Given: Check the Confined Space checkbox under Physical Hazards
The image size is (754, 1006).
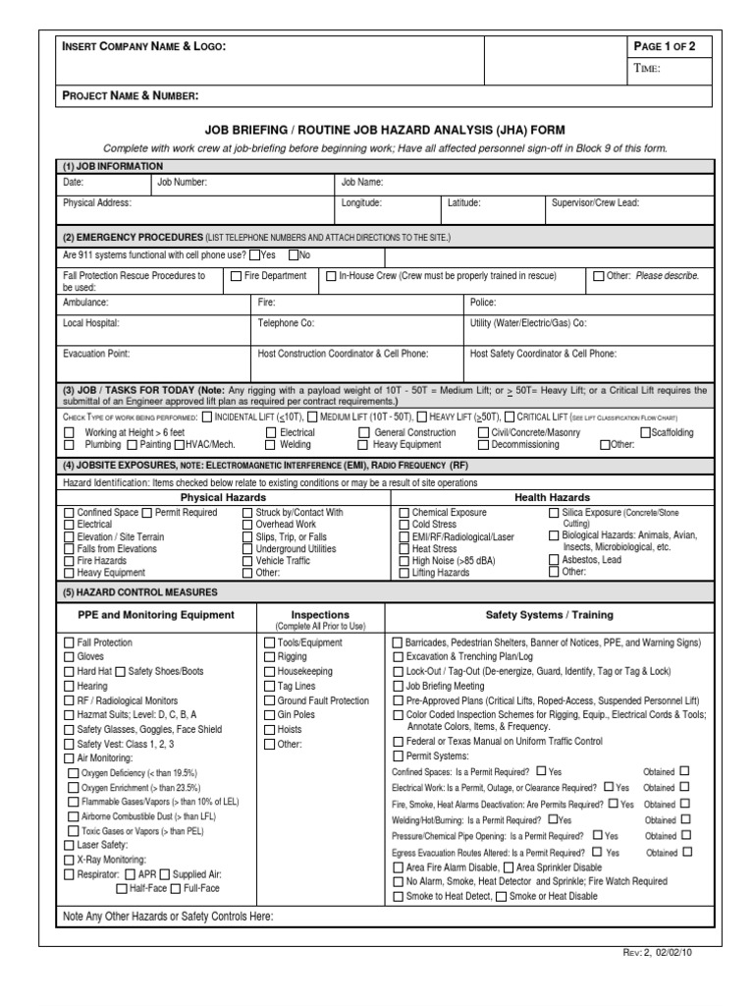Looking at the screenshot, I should click(x=69, y=513).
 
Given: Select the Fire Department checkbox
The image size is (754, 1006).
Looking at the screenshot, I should click(x=236, y=277).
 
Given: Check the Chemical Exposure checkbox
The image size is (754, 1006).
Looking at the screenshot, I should click(x=404, y=513).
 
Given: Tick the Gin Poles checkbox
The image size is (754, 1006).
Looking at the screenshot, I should click(x=269, y=714).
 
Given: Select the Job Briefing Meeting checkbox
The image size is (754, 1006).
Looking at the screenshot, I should click(x=398, y=686).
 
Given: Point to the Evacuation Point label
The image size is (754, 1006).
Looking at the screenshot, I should click(x=96, y=352).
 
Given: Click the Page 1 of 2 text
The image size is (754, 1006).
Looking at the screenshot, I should click(x=666, y=46).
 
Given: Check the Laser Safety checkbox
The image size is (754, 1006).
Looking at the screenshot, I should click(x=69, y=844).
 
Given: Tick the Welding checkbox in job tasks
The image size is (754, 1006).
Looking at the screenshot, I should click(x=270, y=444).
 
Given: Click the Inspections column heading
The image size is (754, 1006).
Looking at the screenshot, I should click(x=319, y=614).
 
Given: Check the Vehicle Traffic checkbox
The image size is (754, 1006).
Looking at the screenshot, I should click(x=246, y=560).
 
